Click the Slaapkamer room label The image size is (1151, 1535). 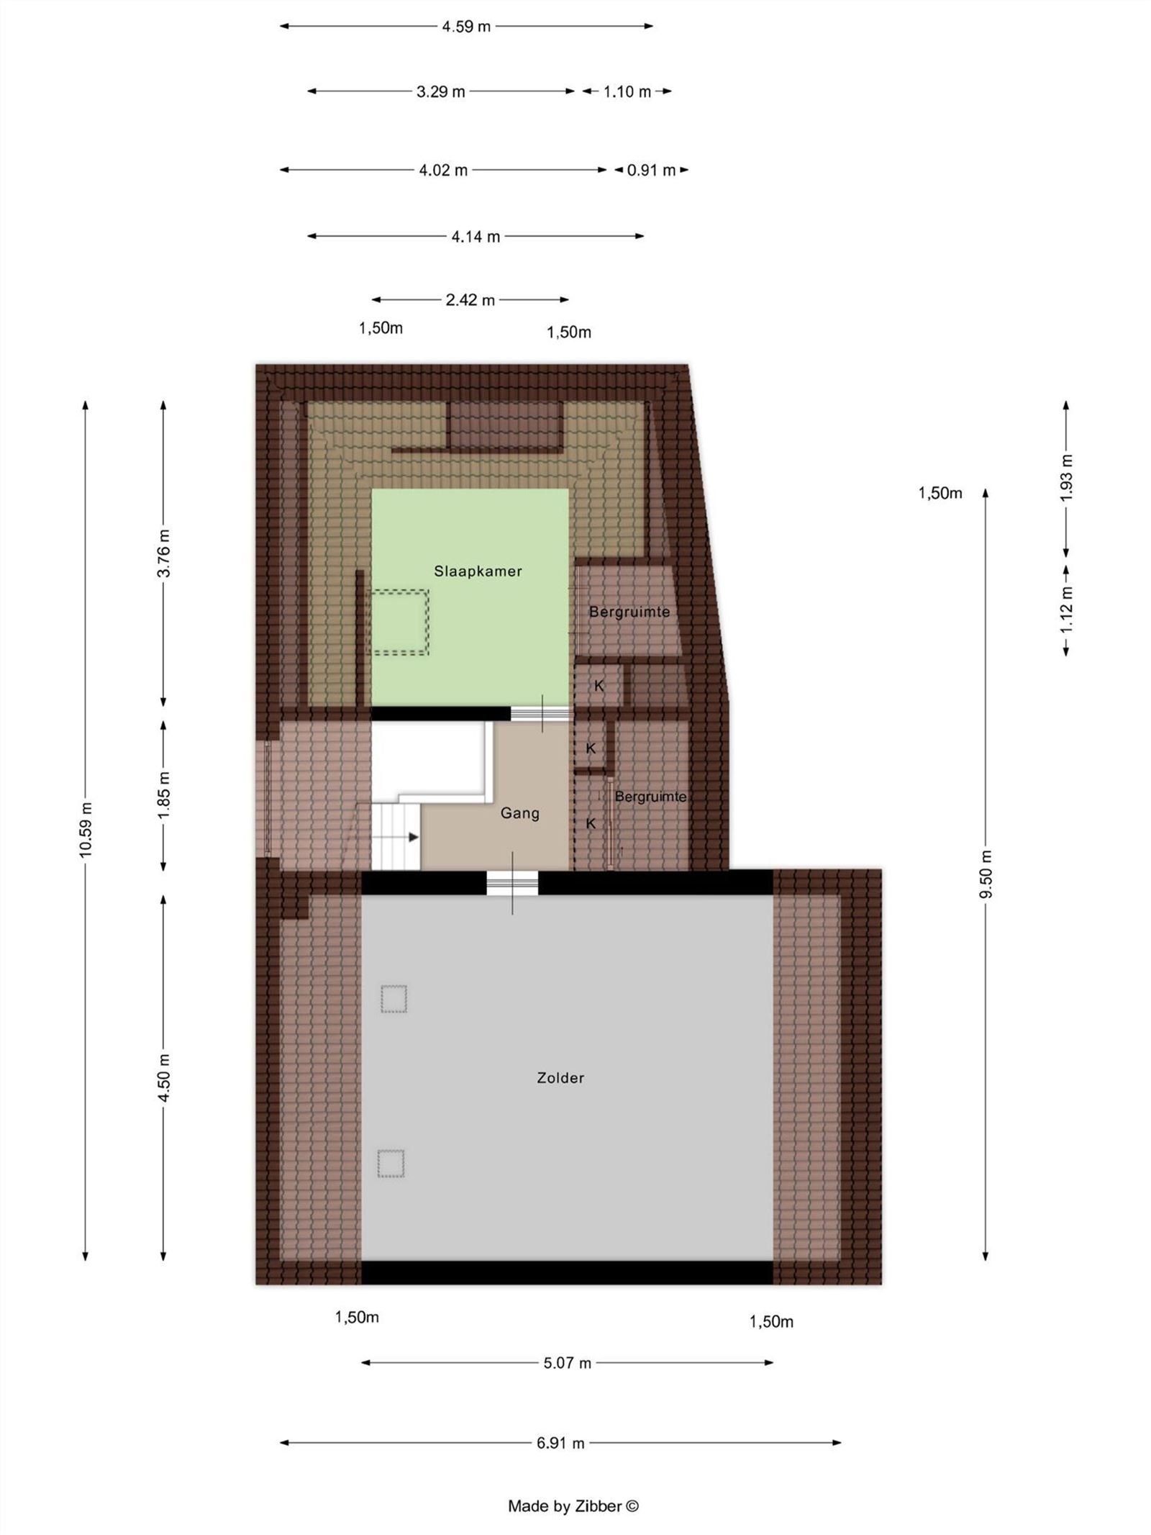pyautogui.click(x=478, y=571)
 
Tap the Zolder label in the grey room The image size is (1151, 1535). pyautogui.click(x=560, y=1077)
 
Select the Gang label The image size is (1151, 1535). pyautogui.click(x=519, y=812)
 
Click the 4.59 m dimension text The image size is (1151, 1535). pyautogui.click(x=466, y=27)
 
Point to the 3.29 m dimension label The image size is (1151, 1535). pyautogui.click(x=440, y=91)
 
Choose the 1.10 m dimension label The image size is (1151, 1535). pyautogui.click(x=627, y=91)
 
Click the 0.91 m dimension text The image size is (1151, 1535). pyautogui.click(x=651, y=171)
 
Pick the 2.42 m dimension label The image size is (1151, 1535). pyautogui.click(x=470, y=300)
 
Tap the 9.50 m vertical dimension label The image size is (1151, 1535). pyautogui.click(x=986, y=873)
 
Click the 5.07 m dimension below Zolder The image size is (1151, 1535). pyautogui.click(x=567, y=1363)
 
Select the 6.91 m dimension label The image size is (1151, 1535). pyautogui.click(x=560, y=1443)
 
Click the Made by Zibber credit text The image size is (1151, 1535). pyautogui.click(x=573, y=1505)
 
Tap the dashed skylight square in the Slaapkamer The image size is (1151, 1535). pyautogui.click(x=400, y=622)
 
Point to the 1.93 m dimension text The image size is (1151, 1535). pyautogui.click(x=1066, y=478)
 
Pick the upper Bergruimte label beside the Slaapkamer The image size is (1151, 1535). pyautogui.click(x=629, y=612)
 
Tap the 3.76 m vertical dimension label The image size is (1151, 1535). pyautogui.click(x=164, y=553)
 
